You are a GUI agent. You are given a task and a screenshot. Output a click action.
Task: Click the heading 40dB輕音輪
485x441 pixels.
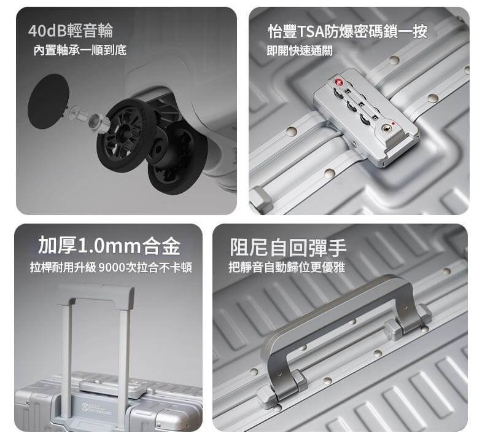point(70,31)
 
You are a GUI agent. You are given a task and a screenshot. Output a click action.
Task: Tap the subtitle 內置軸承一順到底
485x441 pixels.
point(80,50)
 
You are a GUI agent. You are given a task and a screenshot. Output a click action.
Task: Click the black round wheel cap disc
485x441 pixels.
point(48,101)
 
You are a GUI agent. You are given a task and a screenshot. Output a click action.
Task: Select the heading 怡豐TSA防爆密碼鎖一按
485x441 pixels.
point(347,31)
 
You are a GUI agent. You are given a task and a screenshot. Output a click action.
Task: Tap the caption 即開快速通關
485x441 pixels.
point(300,50)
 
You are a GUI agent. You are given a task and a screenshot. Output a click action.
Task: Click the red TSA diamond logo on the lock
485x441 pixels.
point(338,82)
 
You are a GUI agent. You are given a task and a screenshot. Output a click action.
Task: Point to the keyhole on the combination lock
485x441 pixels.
point(386,127)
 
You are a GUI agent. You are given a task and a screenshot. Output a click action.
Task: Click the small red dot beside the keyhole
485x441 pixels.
point(393,123)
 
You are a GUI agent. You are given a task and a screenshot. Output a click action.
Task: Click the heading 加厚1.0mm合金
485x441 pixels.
point(109,246)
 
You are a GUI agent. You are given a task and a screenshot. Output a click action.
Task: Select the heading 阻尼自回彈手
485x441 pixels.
point(288,247)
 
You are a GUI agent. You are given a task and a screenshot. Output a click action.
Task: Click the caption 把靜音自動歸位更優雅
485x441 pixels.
point(287,267)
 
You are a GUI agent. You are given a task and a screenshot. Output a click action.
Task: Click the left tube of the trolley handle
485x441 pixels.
point(66,356)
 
